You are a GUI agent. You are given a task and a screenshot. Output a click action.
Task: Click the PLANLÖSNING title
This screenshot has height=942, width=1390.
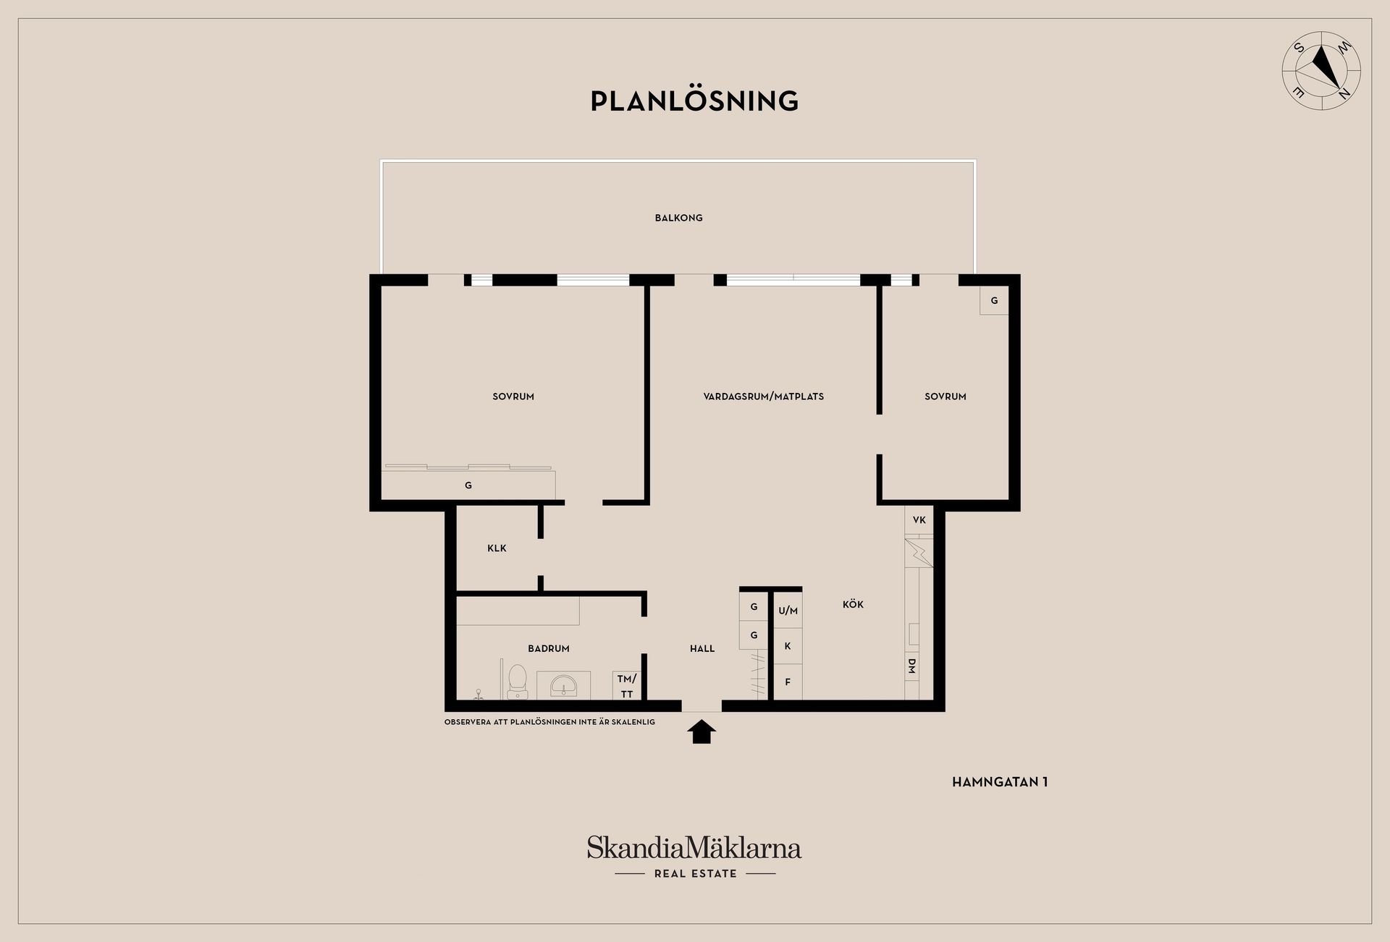click(694, 101)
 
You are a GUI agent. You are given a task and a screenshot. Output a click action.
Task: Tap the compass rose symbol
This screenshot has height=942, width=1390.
click(1321, 71)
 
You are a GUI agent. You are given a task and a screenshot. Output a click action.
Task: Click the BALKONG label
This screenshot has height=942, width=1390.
click(678, 218)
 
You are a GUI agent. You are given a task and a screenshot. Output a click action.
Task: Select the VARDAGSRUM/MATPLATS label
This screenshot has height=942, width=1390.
click(764, 396)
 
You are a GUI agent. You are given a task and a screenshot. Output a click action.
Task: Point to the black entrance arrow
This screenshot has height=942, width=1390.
click(701, 731)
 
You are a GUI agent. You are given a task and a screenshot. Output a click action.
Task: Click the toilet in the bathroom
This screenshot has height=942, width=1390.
click(517, 682)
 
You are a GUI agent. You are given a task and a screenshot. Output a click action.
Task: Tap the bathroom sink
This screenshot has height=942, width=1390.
click(563, 684)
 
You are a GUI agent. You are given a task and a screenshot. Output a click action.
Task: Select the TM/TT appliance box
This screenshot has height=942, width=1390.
click(627, 686)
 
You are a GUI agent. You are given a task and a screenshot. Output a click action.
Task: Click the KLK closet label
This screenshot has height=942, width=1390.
click(497, 548)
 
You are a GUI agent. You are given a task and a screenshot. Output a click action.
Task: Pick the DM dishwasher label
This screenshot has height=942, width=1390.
click(911, 666)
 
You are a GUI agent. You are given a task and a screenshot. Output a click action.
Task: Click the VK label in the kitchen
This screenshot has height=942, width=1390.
click(919, 519)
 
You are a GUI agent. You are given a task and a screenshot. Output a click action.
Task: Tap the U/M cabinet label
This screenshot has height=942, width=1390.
click(788, 611)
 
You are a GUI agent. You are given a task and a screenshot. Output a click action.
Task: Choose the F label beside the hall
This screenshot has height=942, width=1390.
click(788, 682)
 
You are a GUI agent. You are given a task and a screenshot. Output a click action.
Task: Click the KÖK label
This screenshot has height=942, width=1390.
click(853, 604)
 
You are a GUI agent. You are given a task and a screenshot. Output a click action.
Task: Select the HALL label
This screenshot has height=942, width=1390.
click(702, 649)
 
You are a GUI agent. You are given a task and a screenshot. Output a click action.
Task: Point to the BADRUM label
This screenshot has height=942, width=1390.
click(549, 649)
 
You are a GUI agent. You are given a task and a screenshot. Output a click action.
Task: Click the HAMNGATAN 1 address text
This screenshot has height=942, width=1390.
click(1000, 782)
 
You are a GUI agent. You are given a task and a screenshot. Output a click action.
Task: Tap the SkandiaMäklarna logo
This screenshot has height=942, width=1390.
click(694, 857)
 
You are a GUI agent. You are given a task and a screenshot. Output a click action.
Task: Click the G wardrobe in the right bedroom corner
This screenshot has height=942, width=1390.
click(994, 300)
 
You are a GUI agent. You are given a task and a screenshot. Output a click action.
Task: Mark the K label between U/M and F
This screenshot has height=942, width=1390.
click(788, 646)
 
